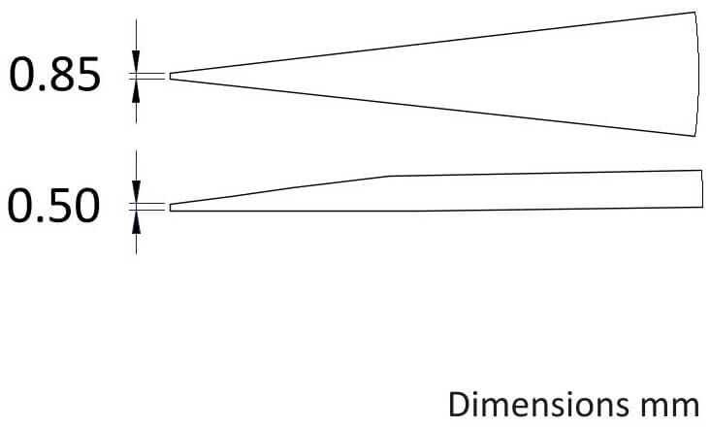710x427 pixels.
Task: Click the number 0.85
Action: point(54,75)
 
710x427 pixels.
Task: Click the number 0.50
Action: point(53,206)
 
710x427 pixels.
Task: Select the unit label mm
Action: point(670,407)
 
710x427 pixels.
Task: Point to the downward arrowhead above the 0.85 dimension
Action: point(137,60)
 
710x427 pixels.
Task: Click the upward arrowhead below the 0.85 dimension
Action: point(137,93)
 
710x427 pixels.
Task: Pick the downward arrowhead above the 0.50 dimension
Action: point(137,191)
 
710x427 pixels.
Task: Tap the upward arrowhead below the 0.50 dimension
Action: point(137,223)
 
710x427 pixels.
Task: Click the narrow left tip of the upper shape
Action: point(171,76)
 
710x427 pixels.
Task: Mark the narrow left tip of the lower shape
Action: point(171,208)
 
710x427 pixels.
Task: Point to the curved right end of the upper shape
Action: point(698,74)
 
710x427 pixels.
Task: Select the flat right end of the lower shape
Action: point(702,188)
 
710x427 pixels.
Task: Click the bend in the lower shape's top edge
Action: point(389,176)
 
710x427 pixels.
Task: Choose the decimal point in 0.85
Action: point(40,88)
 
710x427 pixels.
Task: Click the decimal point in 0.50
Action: point(39,219)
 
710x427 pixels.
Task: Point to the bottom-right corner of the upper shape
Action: point(694,136)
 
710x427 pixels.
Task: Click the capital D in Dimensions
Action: point(458,405)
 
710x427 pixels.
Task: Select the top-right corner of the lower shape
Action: point(702,170)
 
